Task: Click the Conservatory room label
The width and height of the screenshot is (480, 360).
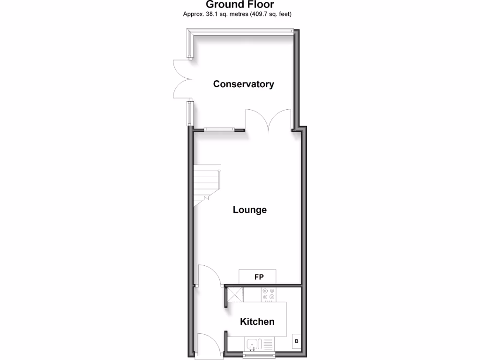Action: (x=243, y=84)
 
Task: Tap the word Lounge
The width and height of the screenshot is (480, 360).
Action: (x=250, y=210)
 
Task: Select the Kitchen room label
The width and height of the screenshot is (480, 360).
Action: (x=257, y=322)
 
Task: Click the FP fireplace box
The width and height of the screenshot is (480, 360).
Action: (x=258, y=277)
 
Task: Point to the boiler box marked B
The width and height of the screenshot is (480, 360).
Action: (x=296, y=342)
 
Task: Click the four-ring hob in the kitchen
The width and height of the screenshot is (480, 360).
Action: (x=269, y=294)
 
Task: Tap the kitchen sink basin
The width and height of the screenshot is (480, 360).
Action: (x=252, y=345)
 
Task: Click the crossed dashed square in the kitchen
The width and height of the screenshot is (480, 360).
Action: (x=235, y=295)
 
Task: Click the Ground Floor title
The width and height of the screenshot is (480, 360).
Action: (x=240, y=5)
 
